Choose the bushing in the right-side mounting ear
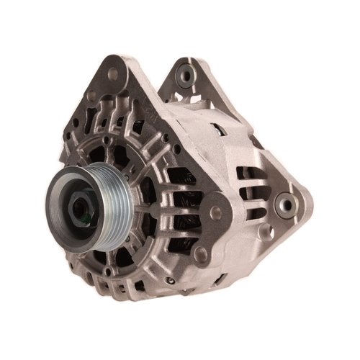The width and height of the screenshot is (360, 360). (287, 204)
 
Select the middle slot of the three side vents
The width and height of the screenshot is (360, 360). (253, 192)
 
